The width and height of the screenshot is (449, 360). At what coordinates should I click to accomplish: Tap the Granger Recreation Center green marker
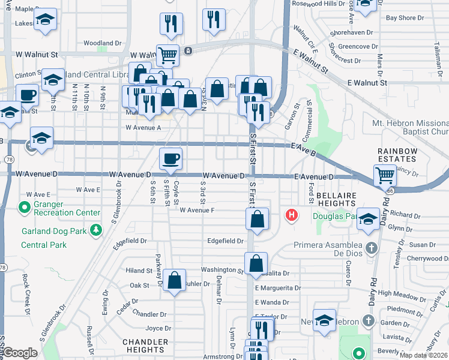click(25, 208)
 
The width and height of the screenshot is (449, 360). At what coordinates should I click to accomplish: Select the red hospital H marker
click(292, 214)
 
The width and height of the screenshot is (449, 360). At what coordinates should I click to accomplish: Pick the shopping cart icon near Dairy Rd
click(384, 175)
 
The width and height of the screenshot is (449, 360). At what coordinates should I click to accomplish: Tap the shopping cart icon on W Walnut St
click(168, 55)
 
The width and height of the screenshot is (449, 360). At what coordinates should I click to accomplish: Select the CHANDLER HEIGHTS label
click(144, 345)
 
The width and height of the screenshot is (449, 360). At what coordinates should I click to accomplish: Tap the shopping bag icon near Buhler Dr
click(174, 281)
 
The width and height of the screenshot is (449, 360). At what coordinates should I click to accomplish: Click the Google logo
click(20, 353)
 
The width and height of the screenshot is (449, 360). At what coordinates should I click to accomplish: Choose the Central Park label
click(43, 245)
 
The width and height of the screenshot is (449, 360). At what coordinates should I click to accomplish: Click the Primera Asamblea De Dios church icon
click(372, 247)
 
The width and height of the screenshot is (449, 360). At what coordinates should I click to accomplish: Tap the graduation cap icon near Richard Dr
click(368, 218)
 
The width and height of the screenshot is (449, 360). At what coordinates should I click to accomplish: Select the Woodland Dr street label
click(103, 43)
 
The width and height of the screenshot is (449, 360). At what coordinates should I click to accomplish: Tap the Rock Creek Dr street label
click(26, 294)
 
